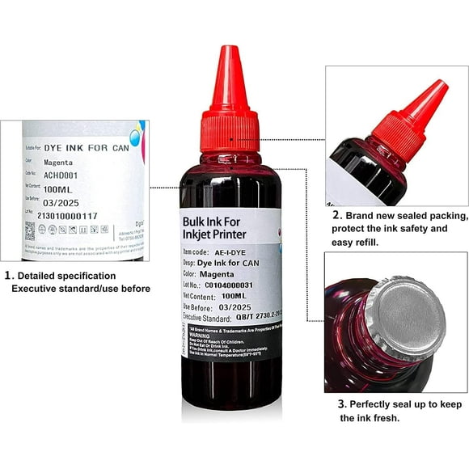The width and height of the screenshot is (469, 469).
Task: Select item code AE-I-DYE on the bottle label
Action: tap(234, 251)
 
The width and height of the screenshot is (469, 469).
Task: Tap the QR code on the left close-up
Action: tap(30, 230)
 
